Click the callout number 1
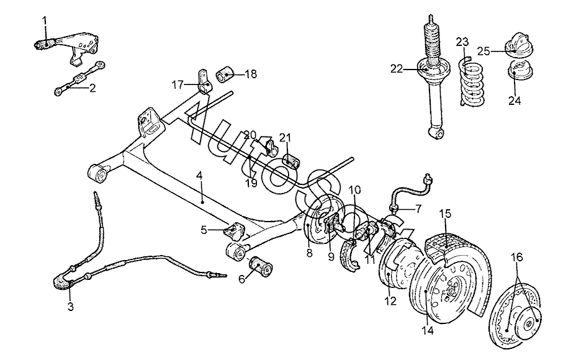point(45,20)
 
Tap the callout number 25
point(484,51)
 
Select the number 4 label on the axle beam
point(199,176)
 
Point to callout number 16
point(517,258)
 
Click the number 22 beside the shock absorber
point(397,69)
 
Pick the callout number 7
point(418,209)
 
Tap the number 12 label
point(390,301)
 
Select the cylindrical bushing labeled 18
point(225,74)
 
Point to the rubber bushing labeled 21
point(291,161)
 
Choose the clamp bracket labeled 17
point(205,82)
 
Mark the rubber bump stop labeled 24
point(520,70)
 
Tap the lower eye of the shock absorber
point(437,133)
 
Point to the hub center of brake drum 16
point(529,323)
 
